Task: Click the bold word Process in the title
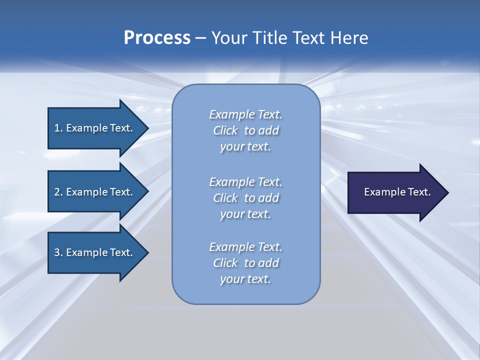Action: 157,38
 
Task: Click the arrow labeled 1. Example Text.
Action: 95,128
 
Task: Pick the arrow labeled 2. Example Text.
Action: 95,192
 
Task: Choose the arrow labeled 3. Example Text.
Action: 95,252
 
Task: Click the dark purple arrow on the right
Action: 395,192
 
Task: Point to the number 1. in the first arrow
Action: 58,128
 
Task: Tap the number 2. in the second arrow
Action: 58,192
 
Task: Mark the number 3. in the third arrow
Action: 58,252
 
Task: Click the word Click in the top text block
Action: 225,130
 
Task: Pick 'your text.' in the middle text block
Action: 245,214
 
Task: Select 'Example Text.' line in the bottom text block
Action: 245,247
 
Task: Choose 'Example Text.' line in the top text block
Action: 245,114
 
